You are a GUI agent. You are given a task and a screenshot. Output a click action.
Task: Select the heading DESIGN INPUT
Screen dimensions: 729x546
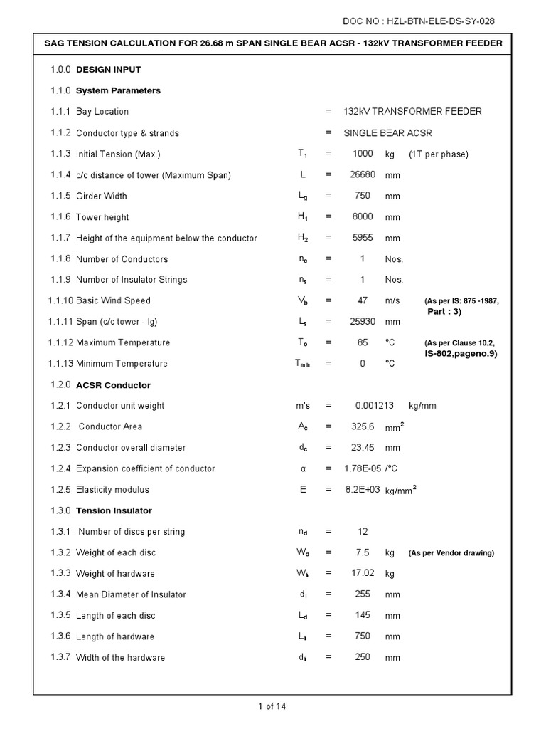(108, 70)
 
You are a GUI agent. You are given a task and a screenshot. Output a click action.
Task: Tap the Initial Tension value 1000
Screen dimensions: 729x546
(363, 154)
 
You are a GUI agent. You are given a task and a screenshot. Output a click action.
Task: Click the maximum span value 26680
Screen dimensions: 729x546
(363, 175)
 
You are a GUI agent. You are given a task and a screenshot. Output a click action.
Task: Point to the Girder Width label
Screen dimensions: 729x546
(101, 196)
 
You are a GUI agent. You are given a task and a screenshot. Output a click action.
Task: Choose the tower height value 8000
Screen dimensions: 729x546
(363, 216)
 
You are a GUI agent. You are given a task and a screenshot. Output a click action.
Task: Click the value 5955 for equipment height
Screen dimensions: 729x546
(363, 238)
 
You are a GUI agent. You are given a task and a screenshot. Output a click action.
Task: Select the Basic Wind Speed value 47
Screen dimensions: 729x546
(363, 300)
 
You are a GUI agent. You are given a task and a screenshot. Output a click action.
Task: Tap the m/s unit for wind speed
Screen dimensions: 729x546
(393, 300)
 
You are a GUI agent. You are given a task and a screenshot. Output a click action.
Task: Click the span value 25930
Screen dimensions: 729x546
(363, 322)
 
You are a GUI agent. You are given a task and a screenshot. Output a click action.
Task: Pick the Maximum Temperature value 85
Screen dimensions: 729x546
(363, 342)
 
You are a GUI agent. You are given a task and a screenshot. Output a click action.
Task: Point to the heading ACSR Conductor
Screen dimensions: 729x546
(113, 385)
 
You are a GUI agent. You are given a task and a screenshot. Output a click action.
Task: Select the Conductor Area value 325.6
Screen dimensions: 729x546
(363, 426)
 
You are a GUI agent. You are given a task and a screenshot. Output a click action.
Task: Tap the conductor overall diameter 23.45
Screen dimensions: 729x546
(363, 448)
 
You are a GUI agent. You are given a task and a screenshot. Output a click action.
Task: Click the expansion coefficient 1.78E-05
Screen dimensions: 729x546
(363, 468)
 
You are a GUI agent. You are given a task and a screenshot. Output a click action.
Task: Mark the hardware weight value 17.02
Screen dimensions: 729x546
(363, 573)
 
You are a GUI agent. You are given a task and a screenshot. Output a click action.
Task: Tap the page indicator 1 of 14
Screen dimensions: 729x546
(272, 707)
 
